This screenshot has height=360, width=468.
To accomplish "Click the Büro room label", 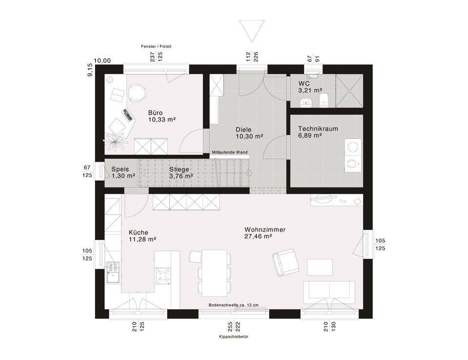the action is click(155, 113).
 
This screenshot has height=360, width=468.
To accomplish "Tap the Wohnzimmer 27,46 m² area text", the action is click(258, 236).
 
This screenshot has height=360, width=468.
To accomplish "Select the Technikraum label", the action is click(318, 129).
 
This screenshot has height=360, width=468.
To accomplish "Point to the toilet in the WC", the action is click(324, 100).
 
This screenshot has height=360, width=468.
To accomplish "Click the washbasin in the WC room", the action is click(305, 102).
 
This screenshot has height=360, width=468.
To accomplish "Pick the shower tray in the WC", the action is click(349, 91).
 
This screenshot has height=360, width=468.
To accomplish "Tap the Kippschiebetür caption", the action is click(234, 337).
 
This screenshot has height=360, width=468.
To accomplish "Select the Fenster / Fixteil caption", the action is click(156, 47).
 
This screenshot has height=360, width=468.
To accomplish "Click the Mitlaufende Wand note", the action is click(230, 152).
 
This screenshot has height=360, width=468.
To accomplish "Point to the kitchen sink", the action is click(113, 272).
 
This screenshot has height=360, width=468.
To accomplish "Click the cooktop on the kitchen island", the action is click(163, 275).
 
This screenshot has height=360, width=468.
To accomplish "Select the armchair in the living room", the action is click(285, 262).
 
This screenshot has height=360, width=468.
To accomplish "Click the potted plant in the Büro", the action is click(116, 141).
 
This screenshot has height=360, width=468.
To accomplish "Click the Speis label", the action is click(120, 169).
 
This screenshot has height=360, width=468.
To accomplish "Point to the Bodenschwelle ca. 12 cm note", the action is click(234, 305).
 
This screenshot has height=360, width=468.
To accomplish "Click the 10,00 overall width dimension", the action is click(102, 60).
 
